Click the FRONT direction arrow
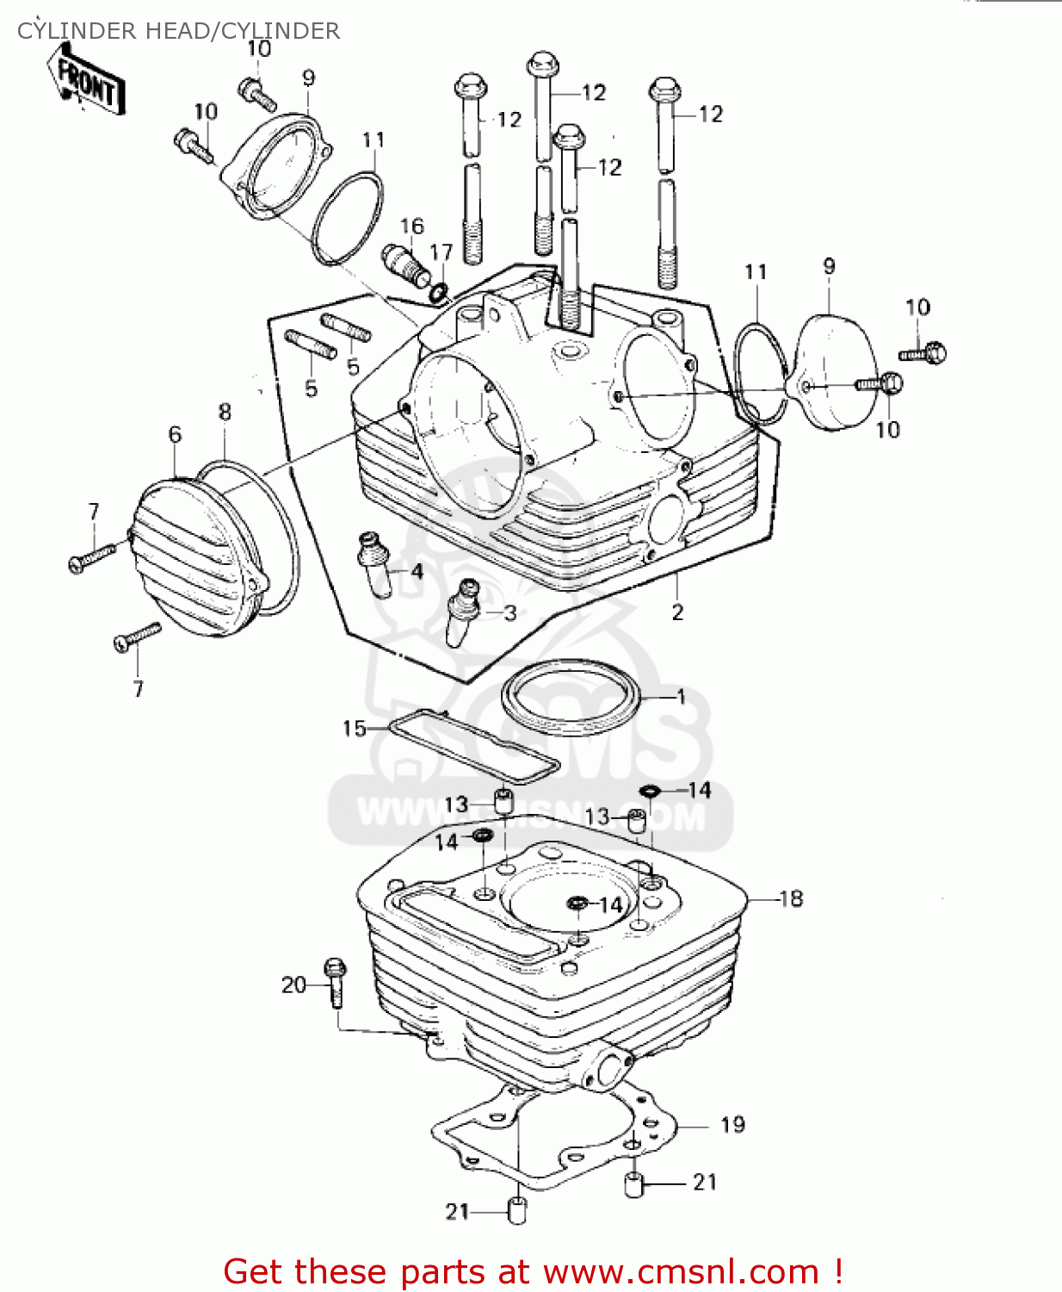coord(89,80)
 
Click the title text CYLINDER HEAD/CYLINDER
coord(178,31)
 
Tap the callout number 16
coord(412,226)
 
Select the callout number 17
coord(441,252)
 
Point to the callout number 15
coord(354,729)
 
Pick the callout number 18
coord(791,899)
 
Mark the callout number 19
coord(732,1125)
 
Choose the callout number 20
coord(293,985)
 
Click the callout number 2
coord(677,612)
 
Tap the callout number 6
coord(175,434)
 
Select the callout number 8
coord(225,412)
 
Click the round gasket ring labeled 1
coord(571,698)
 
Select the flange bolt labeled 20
coord(336,982)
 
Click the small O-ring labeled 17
coord(438,293)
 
